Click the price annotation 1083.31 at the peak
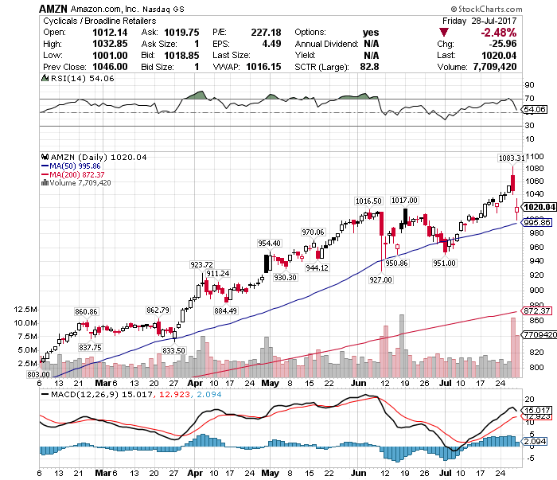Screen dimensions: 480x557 click(x=511, y=158)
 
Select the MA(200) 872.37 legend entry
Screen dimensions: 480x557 click(x=79, y=174)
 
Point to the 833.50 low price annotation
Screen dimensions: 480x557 click(x=173, y=350)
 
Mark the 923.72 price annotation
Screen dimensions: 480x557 click(x=202, y=264)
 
